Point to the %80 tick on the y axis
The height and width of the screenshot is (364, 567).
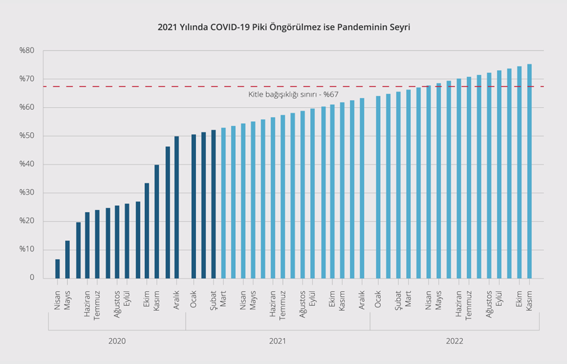pos(27,50)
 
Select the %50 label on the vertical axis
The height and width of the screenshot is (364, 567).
pos(27,136)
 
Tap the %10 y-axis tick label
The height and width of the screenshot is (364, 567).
pos(27,250)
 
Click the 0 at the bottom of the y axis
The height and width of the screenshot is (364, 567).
pos(31,278)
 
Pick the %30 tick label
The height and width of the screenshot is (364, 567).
pos(27,192)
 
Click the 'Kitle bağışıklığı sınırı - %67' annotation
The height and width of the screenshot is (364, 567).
pos(293,94)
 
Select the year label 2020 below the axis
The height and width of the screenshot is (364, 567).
pos(117,341)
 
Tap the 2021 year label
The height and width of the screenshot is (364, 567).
pos(277,341)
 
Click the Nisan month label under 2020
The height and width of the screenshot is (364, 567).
pos(57,300)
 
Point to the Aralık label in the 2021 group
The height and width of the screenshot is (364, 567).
pos(362,300)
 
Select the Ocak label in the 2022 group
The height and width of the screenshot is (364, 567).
pos(378,299)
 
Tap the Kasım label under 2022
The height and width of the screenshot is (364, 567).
pos(530,300)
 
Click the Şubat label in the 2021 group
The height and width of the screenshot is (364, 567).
pos(213,300)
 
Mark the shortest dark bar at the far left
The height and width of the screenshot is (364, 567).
pos(57,269)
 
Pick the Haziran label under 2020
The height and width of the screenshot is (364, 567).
pos(87,302)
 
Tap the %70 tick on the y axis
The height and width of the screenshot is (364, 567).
pos(27,79)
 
